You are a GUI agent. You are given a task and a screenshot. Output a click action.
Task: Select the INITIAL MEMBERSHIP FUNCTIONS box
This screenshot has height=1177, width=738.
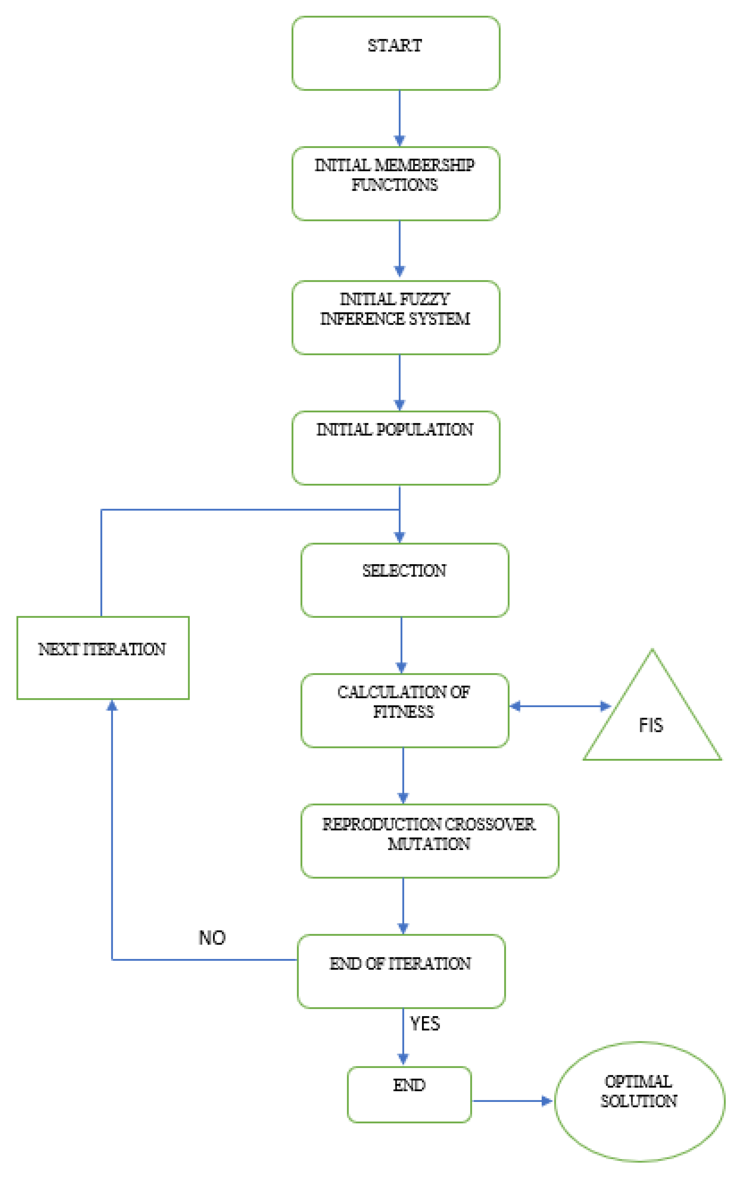click(395, 183)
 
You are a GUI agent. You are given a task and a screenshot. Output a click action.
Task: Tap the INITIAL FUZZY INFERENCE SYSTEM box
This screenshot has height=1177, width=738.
click(395, 318)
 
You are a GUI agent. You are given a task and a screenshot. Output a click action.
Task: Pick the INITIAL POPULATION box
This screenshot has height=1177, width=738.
click(395, 448)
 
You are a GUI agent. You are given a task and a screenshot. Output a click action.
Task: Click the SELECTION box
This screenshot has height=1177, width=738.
click(405, 580)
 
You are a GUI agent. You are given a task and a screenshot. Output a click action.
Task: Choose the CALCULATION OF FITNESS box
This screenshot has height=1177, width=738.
click(405, 710)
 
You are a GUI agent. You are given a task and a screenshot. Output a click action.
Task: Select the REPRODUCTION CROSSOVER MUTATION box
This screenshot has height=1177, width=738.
click(430, 841)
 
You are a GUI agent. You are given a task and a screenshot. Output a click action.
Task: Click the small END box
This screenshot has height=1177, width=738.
click(409, 1095)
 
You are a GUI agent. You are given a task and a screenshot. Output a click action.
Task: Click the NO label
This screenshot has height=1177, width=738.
click(212, 938)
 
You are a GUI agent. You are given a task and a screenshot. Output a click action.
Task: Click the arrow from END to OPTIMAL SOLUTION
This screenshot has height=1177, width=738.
click(511, 1101)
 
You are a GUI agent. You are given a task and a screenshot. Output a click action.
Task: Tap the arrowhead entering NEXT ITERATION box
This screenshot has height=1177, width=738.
click(112, 705)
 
